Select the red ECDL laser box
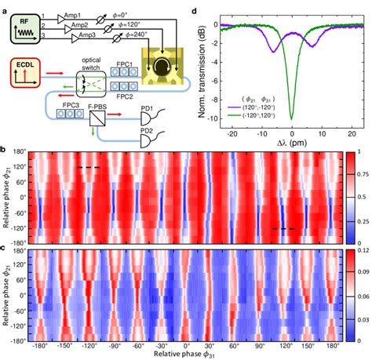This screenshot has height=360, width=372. point(26,75)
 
